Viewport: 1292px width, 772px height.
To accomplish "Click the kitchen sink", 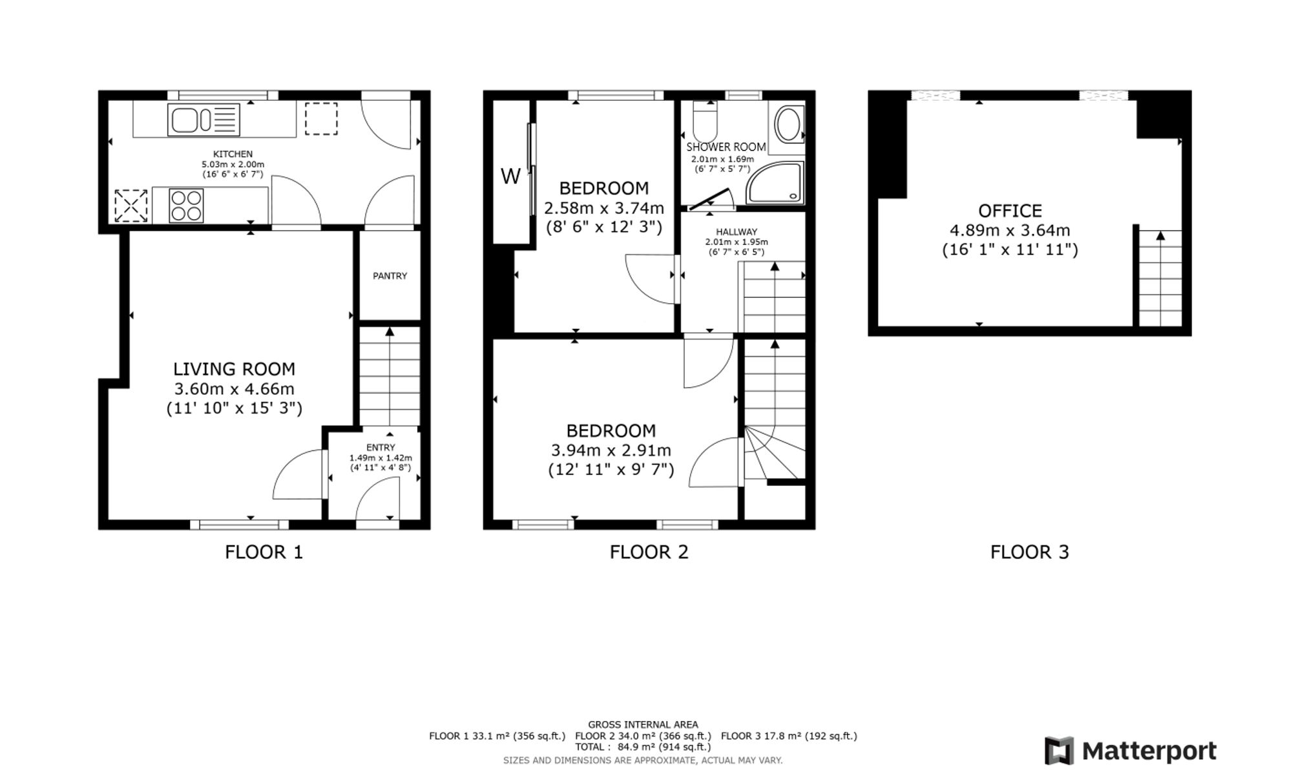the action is (203, 120).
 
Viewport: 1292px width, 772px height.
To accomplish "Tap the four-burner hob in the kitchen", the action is (186, 205).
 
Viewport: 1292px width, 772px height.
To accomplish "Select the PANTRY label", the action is (390, 276).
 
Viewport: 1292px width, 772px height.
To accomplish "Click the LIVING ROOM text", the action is (234, 369).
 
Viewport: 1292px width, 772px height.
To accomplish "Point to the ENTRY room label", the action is (380, 447).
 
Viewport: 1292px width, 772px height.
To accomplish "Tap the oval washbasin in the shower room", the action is (788, 125).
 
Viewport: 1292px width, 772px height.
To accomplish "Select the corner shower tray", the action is (775, 183).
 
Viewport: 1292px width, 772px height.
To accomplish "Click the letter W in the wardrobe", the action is (510, 176).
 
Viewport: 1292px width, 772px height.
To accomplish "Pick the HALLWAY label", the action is (736, 232).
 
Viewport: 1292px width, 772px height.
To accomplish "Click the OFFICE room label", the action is (1010, 211).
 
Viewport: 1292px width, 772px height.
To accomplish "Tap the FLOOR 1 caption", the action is (264, 552).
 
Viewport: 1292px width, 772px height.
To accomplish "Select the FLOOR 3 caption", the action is (1030, 552).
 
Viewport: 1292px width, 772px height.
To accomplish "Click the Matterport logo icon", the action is (1059, 751).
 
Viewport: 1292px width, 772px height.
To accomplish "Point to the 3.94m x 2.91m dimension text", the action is (610, 450).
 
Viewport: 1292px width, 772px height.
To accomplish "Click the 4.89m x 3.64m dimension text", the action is (1010, 231).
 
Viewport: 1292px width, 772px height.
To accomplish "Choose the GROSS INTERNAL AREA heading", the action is (643, 725).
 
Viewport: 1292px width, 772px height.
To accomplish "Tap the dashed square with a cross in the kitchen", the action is (131, 205).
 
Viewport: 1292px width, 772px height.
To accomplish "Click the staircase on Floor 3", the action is (1160, 278).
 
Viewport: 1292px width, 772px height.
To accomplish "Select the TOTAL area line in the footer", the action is (643, 747).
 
